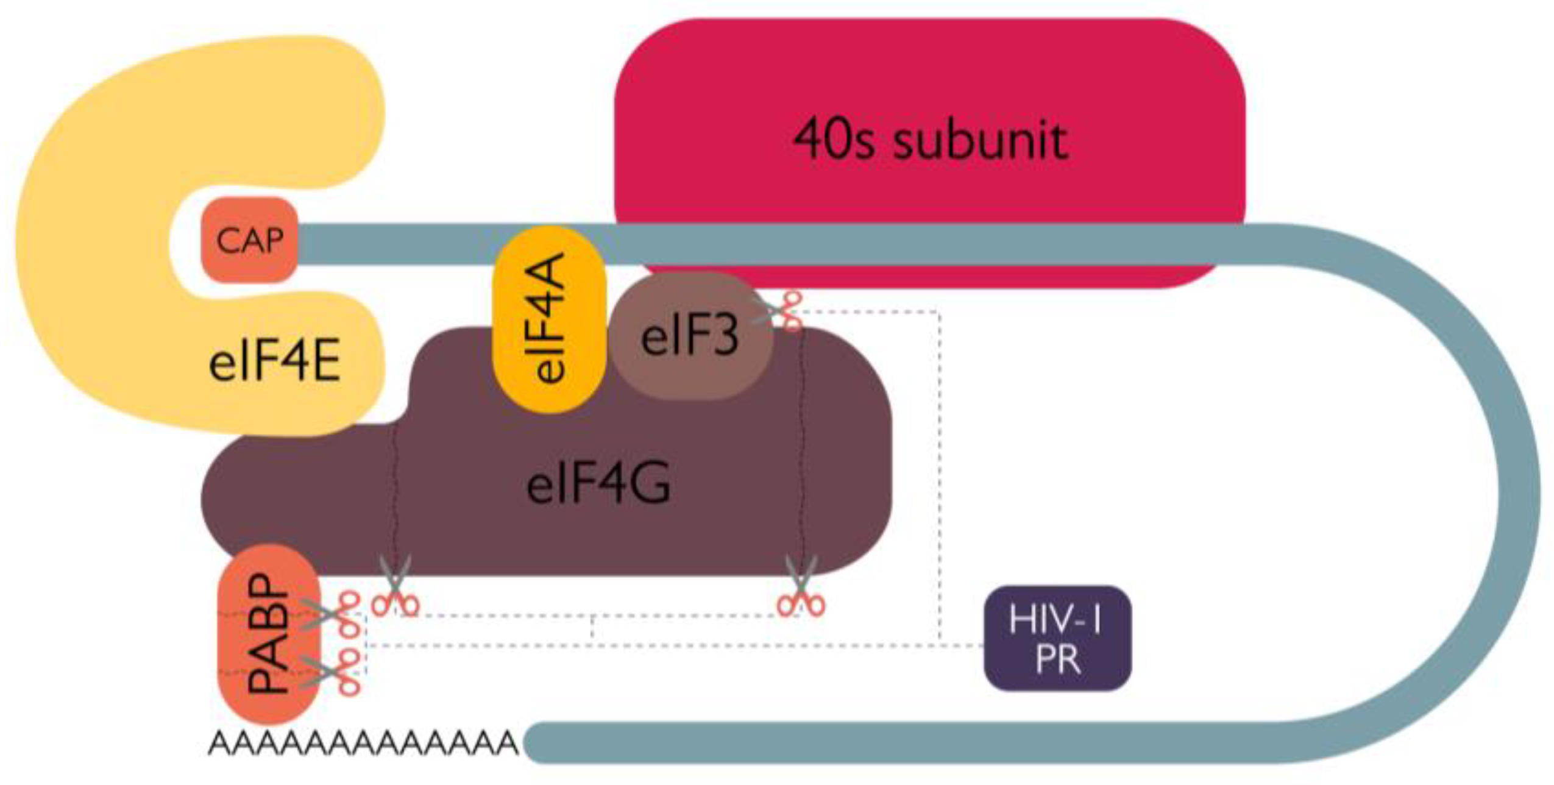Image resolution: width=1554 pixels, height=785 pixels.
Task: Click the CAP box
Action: (249, 240)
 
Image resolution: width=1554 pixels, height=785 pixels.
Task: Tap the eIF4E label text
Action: (274, 363)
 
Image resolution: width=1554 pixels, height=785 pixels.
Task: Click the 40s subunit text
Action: (929, 140)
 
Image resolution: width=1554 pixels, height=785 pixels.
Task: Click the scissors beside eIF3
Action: (780, 311)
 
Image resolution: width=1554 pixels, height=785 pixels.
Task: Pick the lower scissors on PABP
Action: (335, 670)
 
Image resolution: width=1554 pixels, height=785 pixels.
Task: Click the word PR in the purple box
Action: (1057, 659)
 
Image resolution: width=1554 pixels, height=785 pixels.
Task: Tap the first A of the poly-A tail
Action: (221, 744)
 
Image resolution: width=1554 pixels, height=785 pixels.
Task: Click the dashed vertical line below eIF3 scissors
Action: (938, 475)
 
